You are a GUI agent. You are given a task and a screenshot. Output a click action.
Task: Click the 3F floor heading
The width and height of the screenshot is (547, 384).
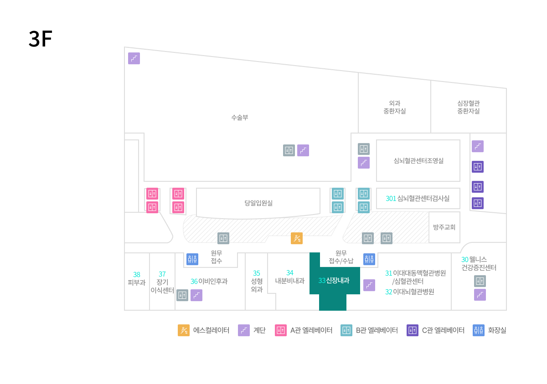coord(40,39)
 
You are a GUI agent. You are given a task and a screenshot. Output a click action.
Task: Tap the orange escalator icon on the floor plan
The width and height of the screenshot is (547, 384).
coord(297,238)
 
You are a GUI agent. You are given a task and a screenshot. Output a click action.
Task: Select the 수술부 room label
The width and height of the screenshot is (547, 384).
coord(240,118)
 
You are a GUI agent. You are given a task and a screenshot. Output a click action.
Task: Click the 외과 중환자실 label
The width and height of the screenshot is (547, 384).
coord(394,107)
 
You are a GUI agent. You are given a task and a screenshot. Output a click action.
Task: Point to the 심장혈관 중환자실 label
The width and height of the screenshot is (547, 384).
coord(469,107)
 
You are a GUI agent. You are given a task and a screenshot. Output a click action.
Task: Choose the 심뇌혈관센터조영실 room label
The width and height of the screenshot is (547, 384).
coord(418,160)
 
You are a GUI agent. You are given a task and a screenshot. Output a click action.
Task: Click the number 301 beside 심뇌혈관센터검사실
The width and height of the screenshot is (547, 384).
coord(391,198)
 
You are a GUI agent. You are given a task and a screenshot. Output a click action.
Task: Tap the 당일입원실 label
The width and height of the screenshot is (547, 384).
coord(258,203)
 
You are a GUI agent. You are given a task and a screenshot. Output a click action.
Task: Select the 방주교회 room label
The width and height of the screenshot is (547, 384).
coord(444,227)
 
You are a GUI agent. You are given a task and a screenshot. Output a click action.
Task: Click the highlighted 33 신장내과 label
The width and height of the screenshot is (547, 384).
coord(334,280)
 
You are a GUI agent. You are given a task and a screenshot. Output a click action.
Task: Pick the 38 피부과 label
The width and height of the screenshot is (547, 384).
coord(136,278)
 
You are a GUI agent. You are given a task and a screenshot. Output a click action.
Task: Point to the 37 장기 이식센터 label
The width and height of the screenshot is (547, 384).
coord(162,282)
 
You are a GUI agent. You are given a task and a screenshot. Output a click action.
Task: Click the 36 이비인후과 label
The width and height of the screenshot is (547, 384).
coord(209,282)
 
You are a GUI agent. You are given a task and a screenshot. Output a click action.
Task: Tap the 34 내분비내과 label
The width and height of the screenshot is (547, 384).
coord(289,276)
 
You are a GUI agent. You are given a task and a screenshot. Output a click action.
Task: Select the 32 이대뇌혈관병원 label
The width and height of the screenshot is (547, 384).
coord(409,292)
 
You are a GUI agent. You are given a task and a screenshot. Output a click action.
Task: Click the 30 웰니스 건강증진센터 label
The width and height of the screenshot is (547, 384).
coord(479,263)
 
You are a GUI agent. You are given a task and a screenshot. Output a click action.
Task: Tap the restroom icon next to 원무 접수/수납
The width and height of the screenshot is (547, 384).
coord(369,259)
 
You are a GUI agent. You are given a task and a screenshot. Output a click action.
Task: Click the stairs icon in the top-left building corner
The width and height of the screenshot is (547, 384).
coord(134,58)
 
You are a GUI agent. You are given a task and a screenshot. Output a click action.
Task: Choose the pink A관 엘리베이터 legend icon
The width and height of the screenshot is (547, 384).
coord(281,330)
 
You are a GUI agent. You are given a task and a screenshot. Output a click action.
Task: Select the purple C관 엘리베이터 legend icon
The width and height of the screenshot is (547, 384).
coord(413,330)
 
